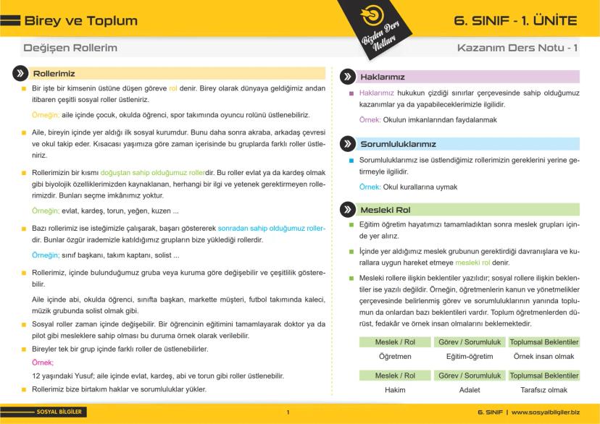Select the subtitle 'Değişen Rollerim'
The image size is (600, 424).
tap(70, 48)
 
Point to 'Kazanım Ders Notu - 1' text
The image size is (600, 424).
tap(517, 48)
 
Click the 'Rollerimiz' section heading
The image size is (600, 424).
tap(54, 73)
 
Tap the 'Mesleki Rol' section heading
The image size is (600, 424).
tap(386, 210)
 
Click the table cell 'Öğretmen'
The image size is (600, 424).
tap(395, 357)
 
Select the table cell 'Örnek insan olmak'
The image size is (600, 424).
tap(543, 357)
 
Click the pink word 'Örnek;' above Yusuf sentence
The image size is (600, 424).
tap(43, 362)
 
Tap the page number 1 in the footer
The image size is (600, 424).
tap(288, 412)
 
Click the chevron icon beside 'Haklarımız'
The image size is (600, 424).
tap(346, 76)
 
